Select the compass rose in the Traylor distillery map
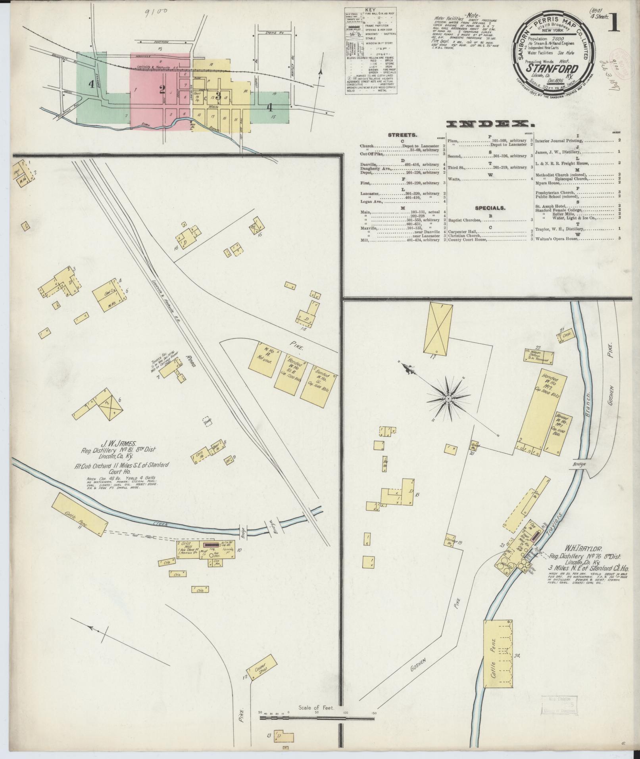click(448, 398)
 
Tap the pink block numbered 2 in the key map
click(162, 89)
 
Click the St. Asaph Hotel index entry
click(552, 206)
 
